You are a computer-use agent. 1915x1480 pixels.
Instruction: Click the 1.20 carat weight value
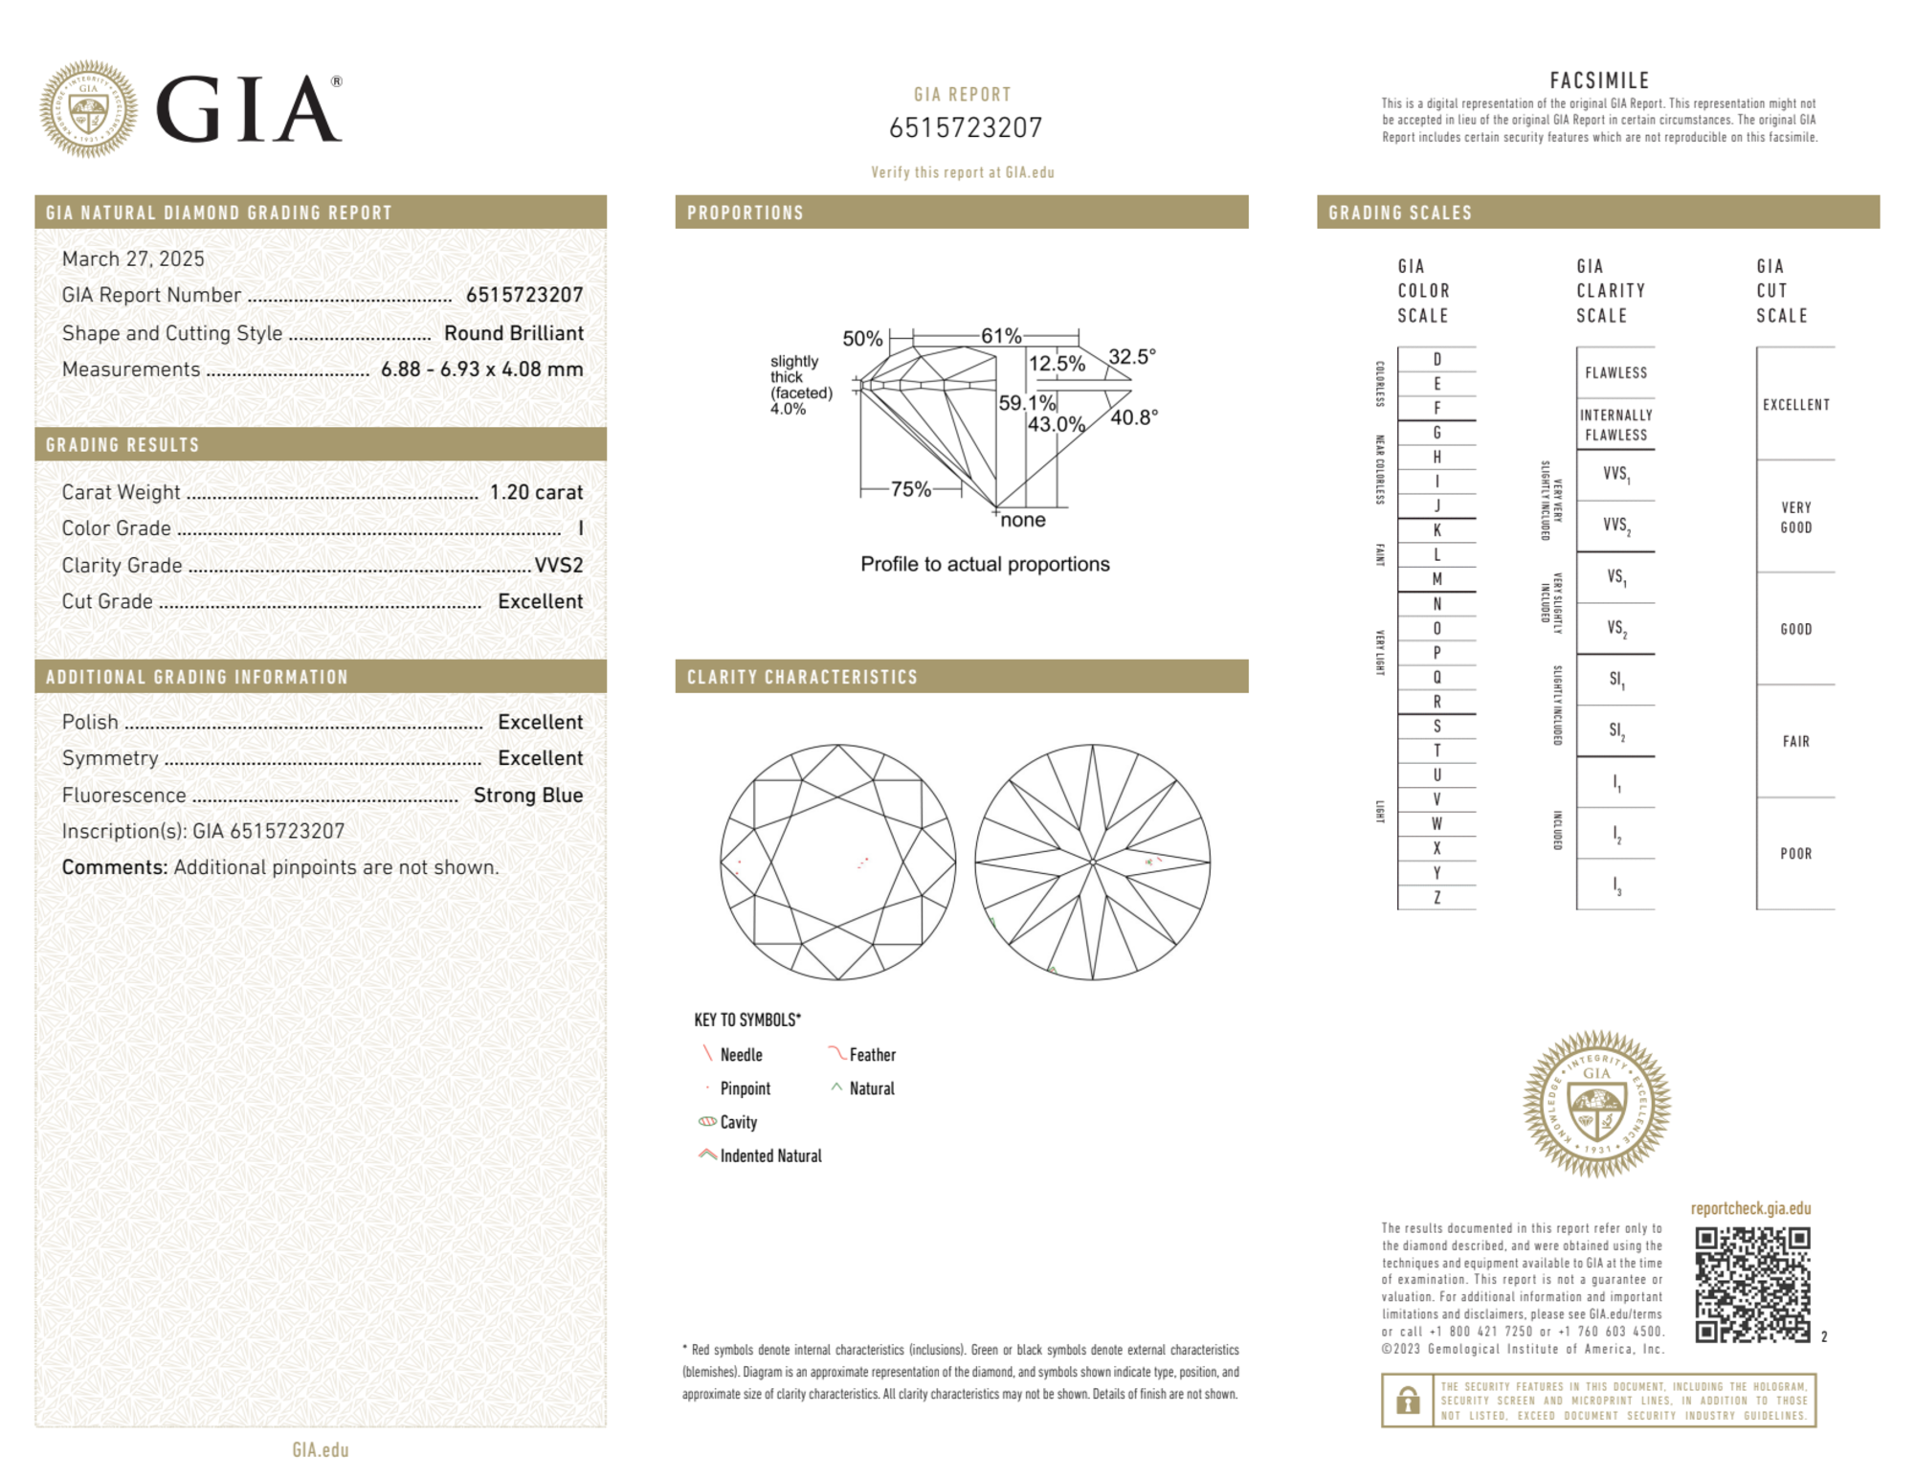point(536,492)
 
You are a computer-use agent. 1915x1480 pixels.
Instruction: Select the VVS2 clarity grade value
point(558,566)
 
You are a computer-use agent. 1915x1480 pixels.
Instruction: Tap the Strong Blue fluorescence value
point(527,796)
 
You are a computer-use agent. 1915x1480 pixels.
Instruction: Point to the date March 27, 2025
point(133,259)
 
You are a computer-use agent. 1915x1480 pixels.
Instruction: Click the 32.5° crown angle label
point(1132,357)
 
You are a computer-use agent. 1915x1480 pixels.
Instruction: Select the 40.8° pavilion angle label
point(1134,417)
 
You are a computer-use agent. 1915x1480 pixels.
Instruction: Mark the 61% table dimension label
point(1001,336)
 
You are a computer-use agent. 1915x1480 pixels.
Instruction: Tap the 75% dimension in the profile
point(910,489)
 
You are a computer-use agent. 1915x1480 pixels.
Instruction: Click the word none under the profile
point(1022,521)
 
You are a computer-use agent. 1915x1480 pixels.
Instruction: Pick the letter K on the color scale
point(1436,530)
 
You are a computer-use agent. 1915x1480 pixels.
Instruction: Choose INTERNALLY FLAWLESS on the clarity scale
point(1615,425)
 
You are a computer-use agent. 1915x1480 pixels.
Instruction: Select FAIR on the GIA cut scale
point(1795,742)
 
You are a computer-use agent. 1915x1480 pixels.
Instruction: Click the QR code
point(1752,1285)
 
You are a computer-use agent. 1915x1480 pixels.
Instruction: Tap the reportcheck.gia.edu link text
point(1750,1209)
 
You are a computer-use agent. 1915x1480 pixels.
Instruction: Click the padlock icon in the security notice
point(1407,1402)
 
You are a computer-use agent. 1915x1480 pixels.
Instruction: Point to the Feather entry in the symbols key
point(871,1055)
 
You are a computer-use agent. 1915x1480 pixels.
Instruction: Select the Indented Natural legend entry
point(769,1156)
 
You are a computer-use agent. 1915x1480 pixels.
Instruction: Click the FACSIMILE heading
point(1599,81)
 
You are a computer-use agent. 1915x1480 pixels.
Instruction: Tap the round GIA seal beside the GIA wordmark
point(88,109)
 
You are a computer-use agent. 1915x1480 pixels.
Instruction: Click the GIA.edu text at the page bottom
point(321,1450)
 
